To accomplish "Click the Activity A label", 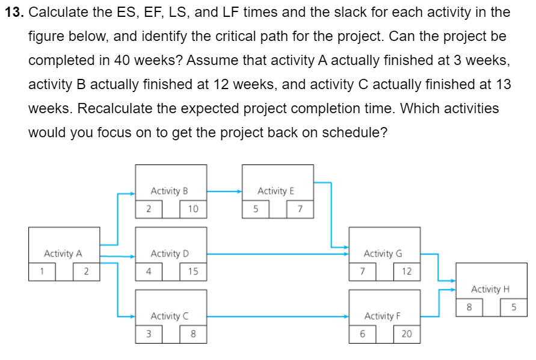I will point(63,253).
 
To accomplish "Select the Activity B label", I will point(169,191).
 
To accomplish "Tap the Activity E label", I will point(276,191).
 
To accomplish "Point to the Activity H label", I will point(490,289).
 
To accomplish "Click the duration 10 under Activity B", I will point(193,209).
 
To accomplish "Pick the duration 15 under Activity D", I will point(193,272).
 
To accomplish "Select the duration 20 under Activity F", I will point(407,334).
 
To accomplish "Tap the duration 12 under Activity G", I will point(407,272).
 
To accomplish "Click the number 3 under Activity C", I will point(148,334).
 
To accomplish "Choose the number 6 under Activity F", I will point(362,334).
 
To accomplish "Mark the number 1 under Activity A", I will point(42,272).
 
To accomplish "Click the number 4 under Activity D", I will point(148,272).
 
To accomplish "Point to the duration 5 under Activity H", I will point(514,307).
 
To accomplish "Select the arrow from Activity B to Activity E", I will point(224,191).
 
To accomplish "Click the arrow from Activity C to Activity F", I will point(277,316).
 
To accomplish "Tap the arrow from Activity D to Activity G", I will point(277,254).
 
